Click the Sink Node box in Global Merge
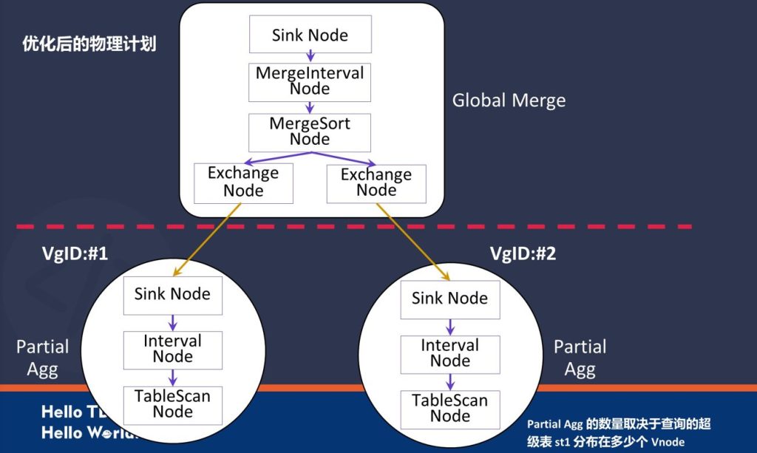(310, 35)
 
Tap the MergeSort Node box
(310, 132)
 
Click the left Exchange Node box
(243, 183)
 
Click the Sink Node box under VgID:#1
(172, 294)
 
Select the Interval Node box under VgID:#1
(172, 350)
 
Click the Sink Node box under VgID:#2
(449, 299)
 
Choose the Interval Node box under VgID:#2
(449, 353)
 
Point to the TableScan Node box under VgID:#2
(449, 409)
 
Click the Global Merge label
(509, 101)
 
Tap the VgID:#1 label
(75, 254)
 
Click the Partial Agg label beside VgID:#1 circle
(42, 358)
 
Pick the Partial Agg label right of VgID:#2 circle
(580, 358)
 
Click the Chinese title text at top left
(89, 44)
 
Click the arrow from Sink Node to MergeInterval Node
(310, 56)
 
